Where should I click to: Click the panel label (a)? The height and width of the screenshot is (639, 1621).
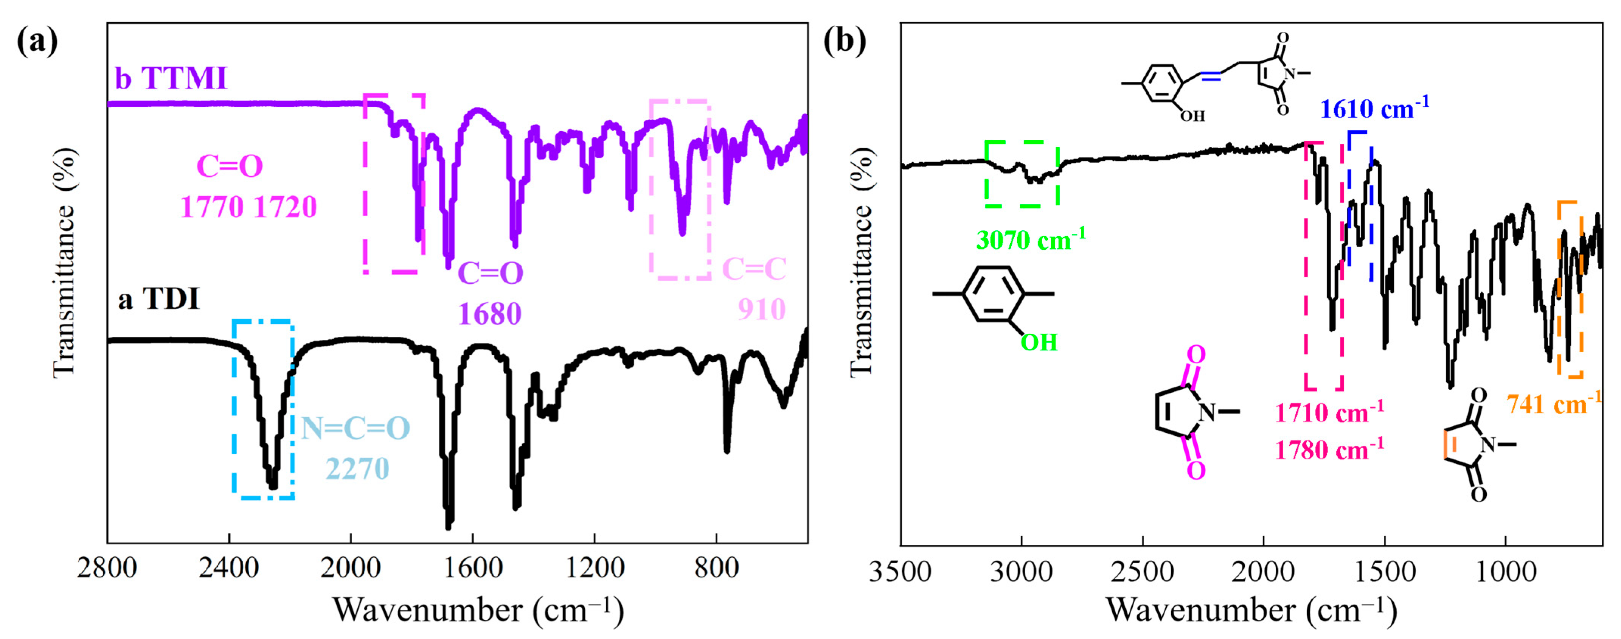coord(37,42)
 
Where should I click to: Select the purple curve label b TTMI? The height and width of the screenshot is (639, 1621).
coord(171,79)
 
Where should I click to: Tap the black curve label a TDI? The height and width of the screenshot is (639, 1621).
coord(158,299)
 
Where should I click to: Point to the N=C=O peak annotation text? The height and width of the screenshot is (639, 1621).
coord(356,428)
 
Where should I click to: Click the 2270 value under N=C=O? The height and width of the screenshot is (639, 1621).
coord(357,468)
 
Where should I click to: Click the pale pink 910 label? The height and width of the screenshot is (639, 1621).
coord(761,309)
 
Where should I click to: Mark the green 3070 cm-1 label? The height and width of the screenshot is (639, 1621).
coord(1031,239)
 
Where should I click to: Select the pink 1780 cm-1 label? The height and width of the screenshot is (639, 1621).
coord(1329,450)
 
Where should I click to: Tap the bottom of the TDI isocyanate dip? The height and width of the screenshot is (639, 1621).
coord(272,485)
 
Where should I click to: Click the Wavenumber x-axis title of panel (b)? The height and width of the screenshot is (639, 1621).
coord(1251,609)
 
